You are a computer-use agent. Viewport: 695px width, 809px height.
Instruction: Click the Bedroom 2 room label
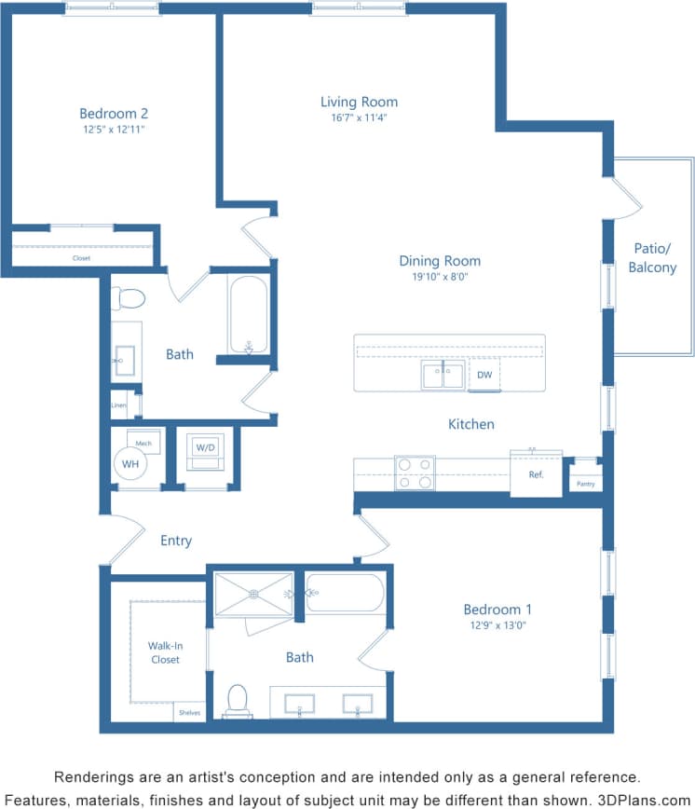pos(114,114)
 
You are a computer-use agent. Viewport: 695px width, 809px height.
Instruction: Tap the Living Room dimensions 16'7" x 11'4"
pos(359,118)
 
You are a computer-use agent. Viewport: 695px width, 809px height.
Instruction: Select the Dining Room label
pos(440,261)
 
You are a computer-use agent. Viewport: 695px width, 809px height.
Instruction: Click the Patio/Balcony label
pos(652,258)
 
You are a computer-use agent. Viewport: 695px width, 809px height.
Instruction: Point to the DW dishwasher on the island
pos(484,376)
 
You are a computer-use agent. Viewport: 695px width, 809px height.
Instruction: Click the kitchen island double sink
pos(443,376)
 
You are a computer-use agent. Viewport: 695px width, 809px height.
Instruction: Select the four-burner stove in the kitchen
pos(415,473)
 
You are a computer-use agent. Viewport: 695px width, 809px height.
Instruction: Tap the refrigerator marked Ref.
pos(536,474)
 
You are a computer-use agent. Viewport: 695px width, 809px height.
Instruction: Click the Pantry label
pos(585,484)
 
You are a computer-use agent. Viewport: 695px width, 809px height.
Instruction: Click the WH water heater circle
pos(130,463)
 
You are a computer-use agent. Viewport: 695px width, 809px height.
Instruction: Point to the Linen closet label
pos(118,405)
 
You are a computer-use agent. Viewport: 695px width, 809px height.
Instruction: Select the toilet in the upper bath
pos(128,299)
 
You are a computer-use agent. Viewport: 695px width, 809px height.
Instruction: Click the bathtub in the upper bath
pos(249,314)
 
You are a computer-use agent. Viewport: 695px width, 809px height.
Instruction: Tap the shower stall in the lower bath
pos(253,594)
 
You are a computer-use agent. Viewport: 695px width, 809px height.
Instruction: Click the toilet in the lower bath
pos(238,701)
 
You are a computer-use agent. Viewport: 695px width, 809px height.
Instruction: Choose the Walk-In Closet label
pos(165,652)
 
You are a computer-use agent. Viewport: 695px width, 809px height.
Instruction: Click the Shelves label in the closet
pos(188,713)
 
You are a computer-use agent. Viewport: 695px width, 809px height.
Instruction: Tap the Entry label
pos(176,541)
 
